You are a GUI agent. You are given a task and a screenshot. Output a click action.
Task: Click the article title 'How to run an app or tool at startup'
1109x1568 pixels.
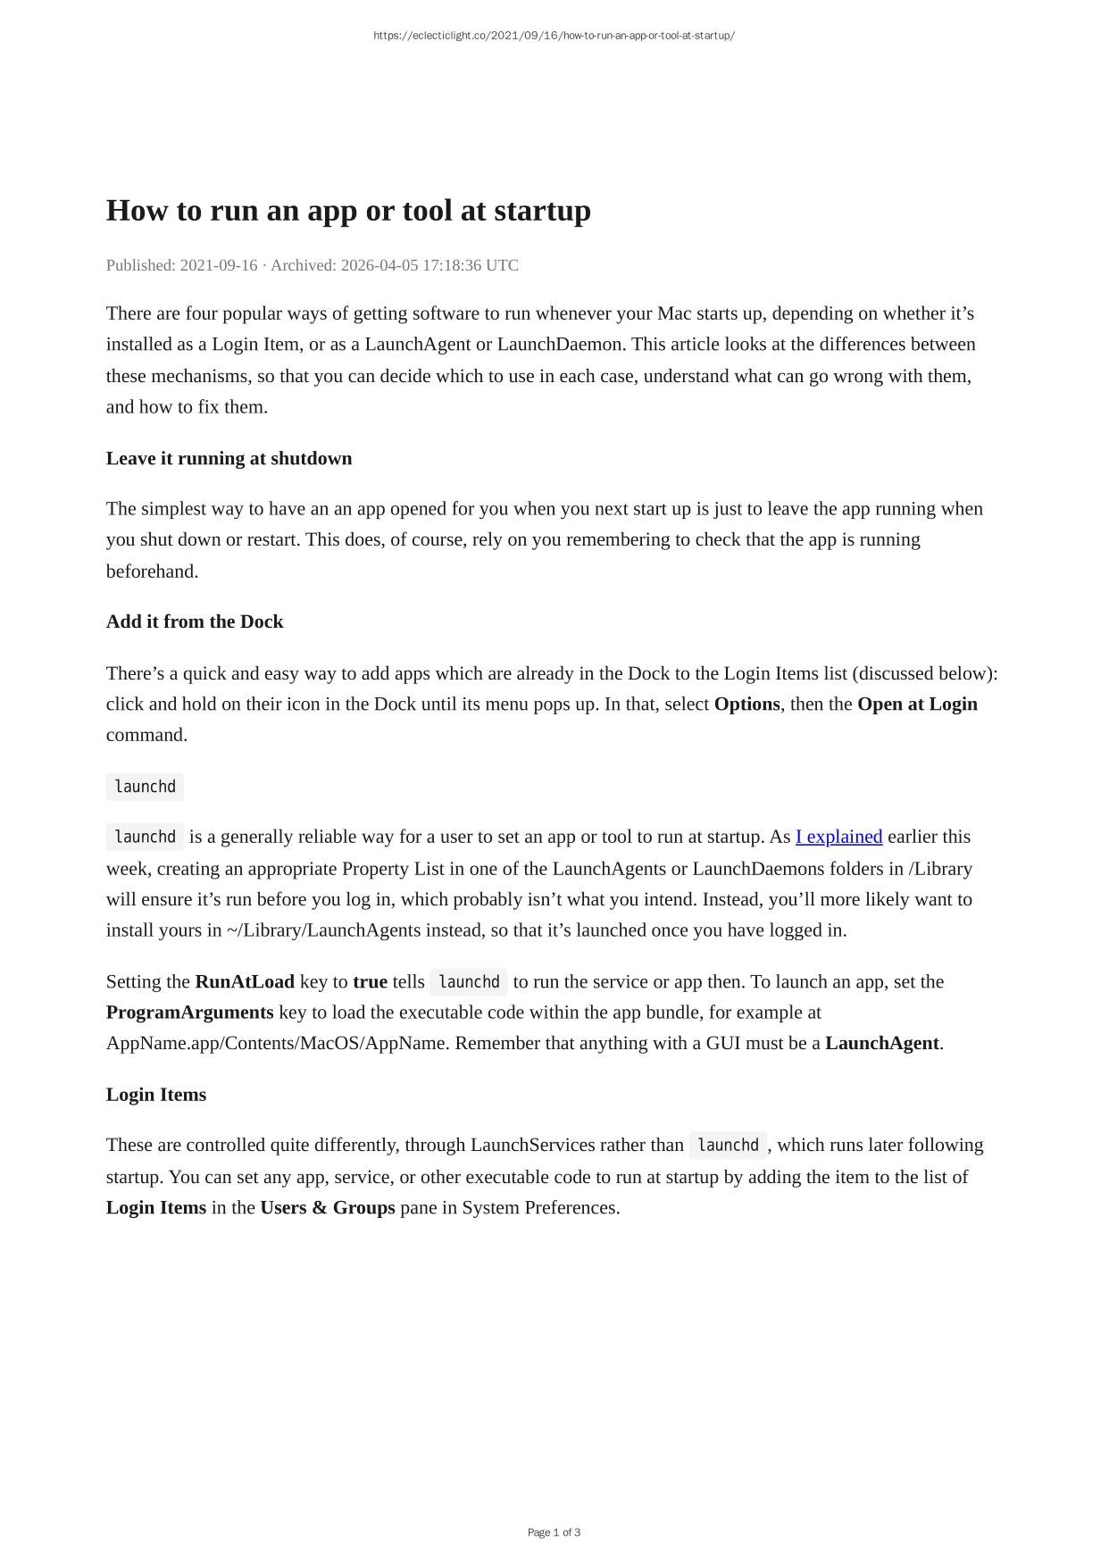(348, 211)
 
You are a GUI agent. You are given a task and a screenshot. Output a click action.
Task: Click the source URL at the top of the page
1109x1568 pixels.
(554, 36)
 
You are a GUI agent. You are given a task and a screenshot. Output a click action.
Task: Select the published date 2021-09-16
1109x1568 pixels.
(218, 265)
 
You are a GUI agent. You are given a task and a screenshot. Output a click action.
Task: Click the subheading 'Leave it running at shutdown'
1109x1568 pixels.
(229, 458)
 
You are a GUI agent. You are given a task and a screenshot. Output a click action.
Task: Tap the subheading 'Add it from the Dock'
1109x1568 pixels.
(195, 621)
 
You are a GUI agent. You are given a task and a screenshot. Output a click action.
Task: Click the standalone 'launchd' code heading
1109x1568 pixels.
(145, 787)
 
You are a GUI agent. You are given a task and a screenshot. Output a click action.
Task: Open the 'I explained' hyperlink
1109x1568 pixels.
(838, 837)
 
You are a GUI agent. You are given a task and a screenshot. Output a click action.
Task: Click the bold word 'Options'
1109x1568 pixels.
(746, 704)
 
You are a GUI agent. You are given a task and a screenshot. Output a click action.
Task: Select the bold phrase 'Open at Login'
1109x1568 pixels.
(917, 704)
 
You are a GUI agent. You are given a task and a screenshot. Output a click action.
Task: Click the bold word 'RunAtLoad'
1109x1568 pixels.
(245, 981)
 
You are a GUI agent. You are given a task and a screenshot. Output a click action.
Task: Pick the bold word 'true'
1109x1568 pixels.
(370, 981)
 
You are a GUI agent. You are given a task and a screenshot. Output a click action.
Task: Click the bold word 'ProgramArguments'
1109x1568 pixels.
(189, 1012)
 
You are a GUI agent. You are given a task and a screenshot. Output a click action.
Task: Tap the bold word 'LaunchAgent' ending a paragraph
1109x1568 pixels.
(881, 1043)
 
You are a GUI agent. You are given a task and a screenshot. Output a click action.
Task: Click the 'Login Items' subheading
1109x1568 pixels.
(156, 1095)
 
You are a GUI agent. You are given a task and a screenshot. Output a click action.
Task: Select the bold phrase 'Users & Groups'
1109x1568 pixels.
(327, 1207)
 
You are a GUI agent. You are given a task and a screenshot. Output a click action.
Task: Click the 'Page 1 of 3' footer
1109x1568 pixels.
(554, 1532)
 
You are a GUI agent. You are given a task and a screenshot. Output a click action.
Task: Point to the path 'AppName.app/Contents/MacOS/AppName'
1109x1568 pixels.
(276, 1043)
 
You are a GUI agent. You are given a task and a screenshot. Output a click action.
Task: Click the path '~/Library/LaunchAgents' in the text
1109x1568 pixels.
(323, 930)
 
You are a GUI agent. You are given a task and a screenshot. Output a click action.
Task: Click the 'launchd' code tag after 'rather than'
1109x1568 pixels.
(727, 1145)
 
